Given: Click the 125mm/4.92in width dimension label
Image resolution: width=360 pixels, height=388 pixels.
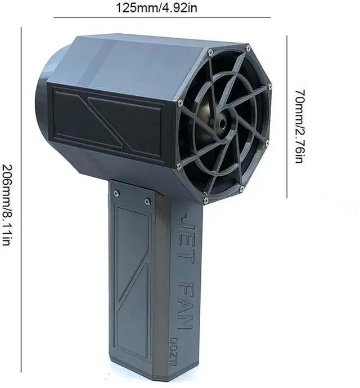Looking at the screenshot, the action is (x=156, y=7).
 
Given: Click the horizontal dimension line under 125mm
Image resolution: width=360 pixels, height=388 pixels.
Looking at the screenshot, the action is (x=162, y=17).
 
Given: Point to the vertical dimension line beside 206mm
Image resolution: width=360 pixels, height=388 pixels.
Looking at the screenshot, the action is (x=21, y=199).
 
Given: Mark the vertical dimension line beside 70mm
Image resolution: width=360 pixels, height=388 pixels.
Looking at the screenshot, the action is (x=287, y=117).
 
